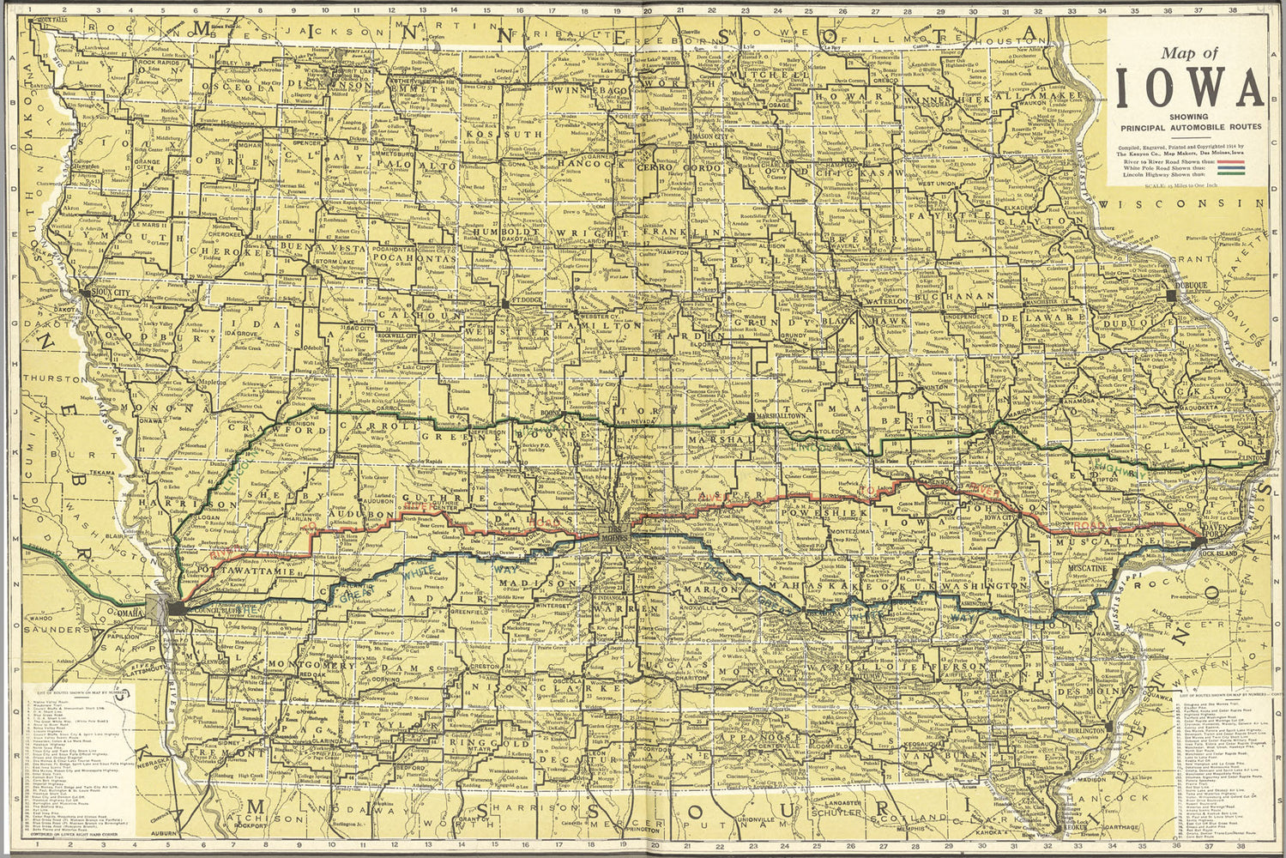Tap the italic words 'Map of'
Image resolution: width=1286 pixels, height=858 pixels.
tap(1189, 53)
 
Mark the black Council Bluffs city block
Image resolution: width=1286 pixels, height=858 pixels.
tap(176, 607)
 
